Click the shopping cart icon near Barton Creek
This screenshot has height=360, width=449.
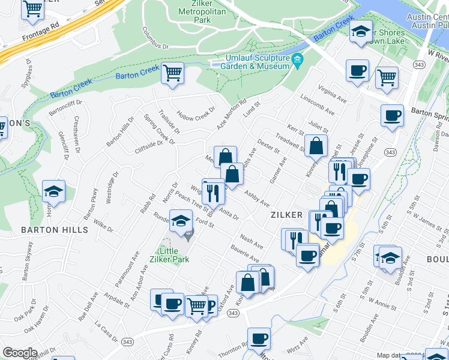click(x=172, y=73)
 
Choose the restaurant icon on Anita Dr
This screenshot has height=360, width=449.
click(x=213, y=192)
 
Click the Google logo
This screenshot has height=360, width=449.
click(x=19, y=353)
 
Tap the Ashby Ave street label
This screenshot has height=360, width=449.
click(x=256, y=200)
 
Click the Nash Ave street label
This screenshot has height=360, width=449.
click(x=251, y=242)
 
